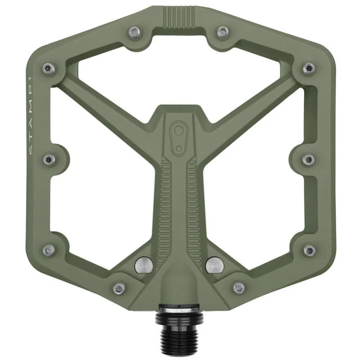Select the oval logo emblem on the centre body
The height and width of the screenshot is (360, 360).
click(x=179, y=134)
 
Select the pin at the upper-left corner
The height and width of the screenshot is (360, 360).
click(x=49, y=68)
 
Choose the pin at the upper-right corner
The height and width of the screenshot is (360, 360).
click(x=308, y=68)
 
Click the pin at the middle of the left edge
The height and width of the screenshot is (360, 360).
click(x=49, y=159)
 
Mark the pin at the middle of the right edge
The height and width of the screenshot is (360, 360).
click(x=308, y=159)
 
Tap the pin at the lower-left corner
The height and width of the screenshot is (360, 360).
click(x=49, y=250)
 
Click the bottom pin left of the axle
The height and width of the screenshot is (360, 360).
click(x=119, y=287)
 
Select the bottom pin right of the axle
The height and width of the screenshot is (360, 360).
click(x=239, y=287)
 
